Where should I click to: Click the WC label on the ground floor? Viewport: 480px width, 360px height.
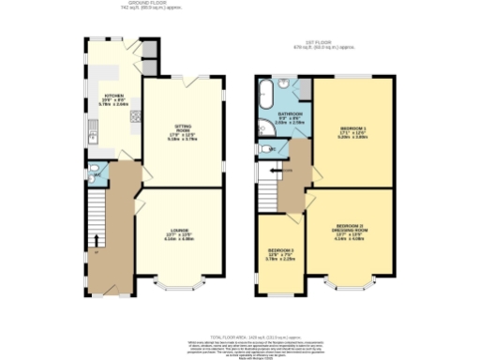[97, 174]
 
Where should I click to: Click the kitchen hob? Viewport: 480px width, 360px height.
[135, 117]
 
